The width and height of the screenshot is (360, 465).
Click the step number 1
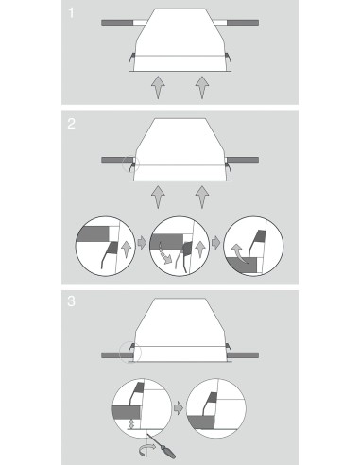(71, 13)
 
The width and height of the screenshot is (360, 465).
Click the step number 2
(72, 124)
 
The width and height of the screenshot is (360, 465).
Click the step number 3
(72, 301)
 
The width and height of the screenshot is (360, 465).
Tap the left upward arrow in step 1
(158, 87)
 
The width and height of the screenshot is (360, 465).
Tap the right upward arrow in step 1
(202, 87)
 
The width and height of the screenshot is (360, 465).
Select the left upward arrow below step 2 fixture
(158, 197)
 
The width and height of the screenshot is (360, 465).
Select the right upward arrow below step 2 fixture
(202, 197)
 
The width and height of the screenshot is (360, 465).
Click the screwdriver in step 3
(162, 445)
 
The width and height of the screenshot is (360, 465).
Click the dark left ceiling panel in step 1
(117, 23)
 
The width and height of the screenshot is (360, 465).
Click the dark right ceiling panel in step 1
(243, 23)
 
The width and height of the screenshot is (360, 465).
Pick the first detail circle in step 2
(106, 246)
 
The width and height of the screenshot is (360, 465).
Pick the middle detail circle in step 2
(180, 246)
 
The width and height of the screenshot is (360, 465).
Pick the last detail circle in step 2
(253, 246)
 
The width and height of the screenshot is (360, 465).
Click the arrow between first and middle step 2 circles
(143, 243)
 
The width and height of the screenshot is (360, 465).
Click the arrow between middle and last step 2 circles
(216, 243)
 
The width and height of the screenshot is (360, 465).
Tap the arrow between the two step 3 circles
(179, 408)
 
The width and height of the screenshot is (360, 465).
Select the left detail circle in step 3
(142, 408)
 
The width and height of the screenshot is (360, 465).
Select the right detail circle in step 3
(216, 408)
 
